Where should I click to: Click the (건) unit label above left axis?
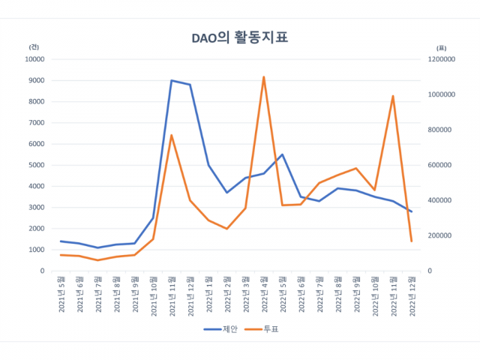(34, 46)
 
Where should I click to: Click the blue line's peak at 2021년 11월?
(172, 80)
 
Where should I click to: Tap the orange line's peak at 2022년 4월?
(264, 76)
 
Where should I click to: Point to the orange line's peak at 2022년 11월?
(393, 96)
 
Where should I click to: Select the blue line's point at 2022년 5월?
(282, 154)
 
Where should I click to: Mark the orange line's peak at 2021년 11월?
(172, 135)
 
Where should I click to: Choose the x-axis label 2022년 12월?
(411, 294)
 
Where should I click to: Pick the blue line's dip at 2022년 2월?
(227, 193)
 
